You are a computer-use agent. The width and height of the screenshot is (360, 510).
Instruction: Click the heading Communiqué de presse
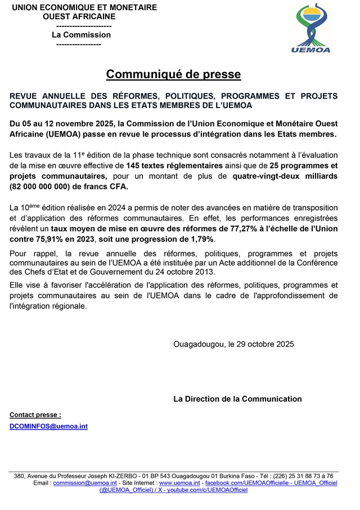173,74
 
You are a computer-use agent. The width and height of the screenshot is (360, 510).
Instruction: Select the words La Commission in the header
81,34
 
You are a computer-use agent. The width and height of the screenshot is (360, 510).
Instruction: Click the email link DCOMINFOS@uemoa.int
48,427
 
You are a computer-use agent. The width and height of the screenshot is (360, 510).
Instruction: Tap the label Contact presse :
35,415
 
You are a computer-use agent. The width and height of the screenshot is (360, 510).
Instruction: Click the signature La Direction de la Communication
237,399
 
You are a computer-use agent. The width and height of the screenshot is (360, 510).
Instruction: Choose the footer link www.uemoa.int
179,483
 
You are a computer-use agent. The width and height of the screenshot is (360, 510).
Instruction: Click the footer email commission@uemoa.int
85,483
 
